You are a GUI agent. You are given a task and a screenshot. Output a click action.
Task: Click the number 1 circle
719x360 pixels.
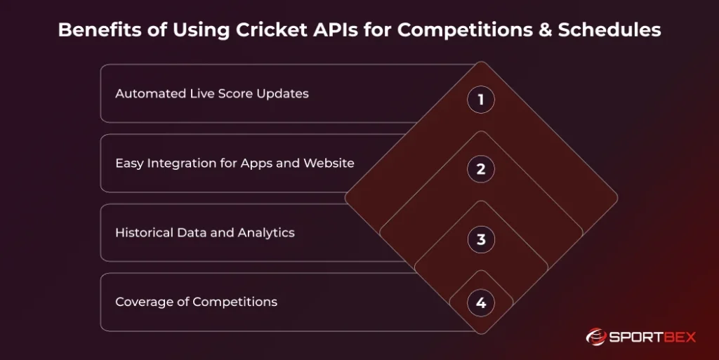tap(481, 100)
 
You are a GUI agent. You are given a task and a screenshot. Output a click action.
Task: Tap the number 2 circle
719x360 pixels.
tap(481, 169)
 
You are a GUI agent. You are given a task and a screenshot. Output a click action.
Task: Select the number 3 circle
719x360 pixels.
tap(481, 239)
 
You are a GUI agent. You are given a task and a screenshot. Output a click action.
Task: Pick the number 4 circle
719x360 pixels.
tap(481, 303)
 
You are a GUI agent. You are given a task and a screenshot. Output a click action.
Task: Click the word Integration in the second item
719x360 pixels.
tap(176, 163)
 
